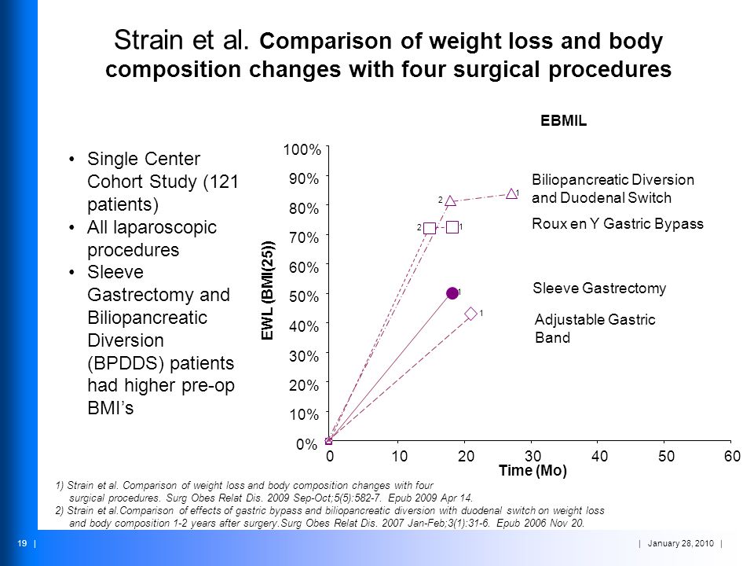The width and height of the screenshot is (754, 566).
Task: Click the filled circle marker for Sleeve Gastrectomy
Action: pyautogui.click(x=452, y=293)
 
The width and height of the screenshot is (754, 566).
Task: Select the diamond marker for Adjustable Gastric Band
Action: pyautogui.click(x=471, y=314)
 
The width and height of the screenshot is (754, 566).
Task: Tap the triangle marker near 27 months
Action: pyautogui.click(x=511, y=193)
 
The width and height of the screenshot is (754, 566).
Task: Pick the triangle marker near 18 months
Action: pyautogui.click(x=450, y=200)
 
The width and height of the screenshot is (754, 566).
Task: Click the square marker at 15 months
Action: pyautogui.click(x=430, y=228)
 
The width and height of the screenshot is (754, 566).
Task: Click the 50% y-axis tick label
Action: pyautogui.click(x=304, y=296)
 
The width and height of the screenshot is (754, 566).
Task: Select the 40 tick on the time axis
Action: pyautogui.click(x=599, y=456)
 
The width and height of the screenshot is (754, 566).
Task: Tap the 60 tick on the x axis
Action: pyautogui.click(x=732, y=456)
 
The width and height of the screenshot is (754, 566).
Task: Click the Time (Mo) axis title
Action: pyautogui.click(x=533, y=470)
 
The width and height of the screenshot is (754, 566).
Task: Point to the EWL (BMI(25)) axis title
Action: pyautogui.click(x=268, y=290)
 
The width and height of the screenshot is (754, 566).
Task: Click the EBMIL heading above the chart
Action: pyautogui.click(x=564, y=120)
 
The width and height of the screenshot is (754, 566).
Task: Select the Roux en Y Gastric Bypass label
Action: pyautogui.click(x=617, y=224)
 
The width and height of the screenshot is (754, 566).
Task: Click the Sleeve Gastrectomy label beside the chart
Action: pyautogui.click(x=599, y=289)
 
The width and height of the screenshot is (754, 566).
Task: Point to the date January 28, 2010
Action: pyautogui.click(x=680, y=543)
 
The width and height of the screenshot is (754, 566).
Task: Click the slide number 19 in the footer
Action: pyautogui.click(x=22, y=543)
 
